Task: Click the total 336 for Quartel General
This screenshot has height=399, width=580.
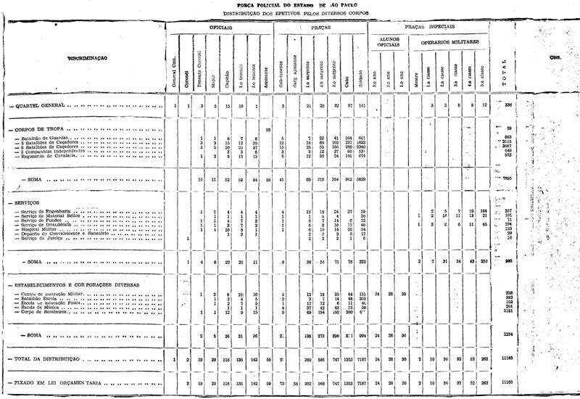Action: pos(507,106)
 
